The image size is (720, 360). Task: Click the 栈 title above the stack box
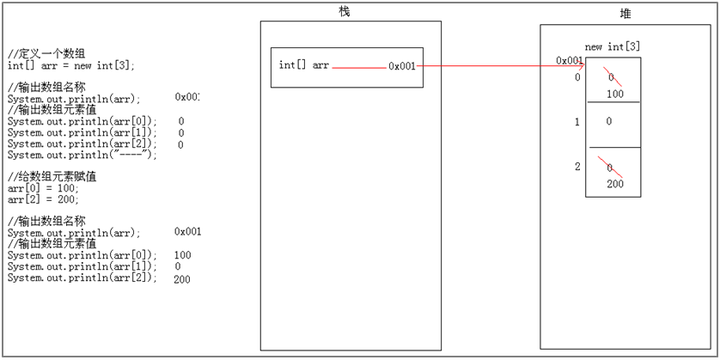click(345, 11)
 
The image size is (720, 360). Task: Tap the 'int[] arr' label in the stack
click(303, 65)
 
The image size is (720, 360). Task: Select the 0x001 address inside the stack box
click(401, 65)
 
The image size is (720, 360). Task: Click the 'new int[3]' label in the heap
click(612, 46)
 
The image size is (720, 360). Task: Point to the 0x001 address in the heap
click(570, 60)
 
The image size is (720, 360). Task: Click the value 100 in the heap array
click(614, 94)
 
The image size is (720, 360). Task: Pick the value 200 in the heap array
click(614, 184)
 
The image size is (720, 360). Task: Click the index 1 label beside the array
click(577, 122)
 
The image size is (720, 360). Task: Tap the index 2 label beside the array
click(577, 167)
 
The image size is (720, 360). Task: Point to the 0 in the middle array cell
click(608, 122)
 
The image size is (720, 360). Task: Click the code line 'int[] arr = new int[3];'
click(71, 65)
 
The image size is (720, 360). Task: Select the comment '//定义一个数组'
click(46, 54)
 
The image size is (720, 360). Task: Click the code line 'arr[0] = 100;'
click(43, 187)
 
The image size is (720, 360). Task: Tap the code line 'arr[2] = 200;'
click(43, 198)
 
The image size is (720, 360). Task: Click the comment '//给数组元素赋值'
click(52, 176)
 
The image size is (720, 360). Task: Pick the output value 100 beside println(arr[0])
click(182, 255)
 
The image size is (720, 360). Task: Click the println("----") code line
click(82, 155)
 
